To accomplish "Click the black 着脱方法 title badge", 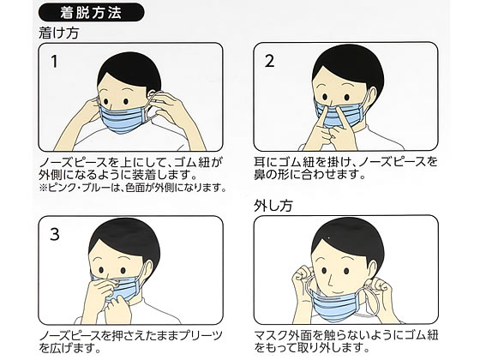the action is coord(91,12).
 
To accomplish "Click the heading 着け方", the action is coord(59,33).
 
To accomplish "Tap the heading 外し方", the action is coord(273,206).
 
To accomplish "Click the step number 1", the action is coord(54,62).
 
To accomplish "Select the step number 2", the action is coord(269,61).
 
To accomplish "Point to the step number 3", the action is coord(55,235).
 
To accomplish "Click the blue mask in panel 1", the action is coord(123,118).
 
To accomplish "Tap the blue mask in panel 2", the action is coord(339,116).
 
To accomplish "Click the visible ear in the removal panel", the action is coord(372,269).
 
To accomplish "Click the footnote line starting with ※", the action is coord(133,188).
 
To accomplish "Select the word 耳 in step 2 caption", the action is coord(260,162).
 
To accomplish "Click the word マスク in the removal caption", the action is coord(271,335).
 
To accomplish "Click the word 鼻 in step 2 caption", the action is coord(260,174).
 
